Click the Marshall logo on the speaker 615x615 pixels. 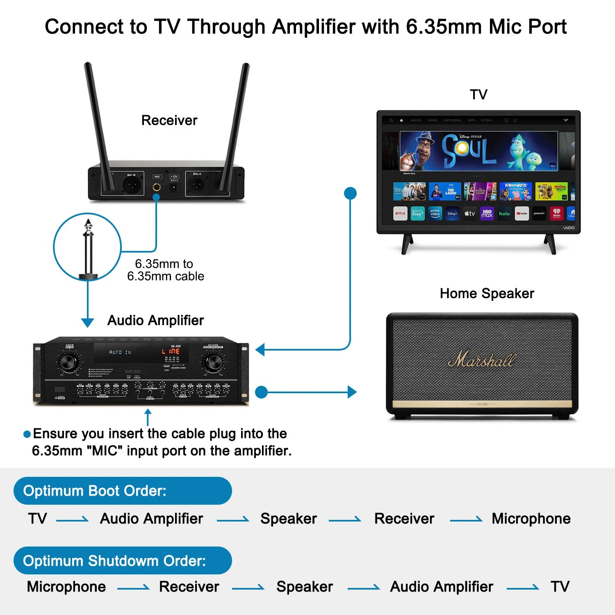[481, 360]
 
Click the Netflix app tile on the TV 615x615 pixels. [400, 214]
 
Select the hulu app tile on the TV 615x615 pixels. [504, 214]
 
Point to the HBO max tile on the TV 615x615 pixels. [487, 214]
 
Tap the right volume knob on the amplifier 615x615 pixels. [213, 362]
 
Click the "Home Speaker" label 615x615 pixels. [487, 294]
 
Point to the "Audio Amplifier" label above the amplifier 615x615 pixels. [155, 320]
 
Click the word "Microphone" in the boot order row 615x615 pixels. [531, 519]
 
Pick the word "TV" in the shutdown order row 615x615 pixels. [560, 587]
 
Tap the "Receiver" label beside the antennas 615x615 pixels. [169, 120]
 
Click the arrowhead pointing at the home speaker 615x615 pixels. [352, 392]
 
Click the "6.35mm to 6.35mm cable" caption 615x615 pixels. [165, 270]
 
